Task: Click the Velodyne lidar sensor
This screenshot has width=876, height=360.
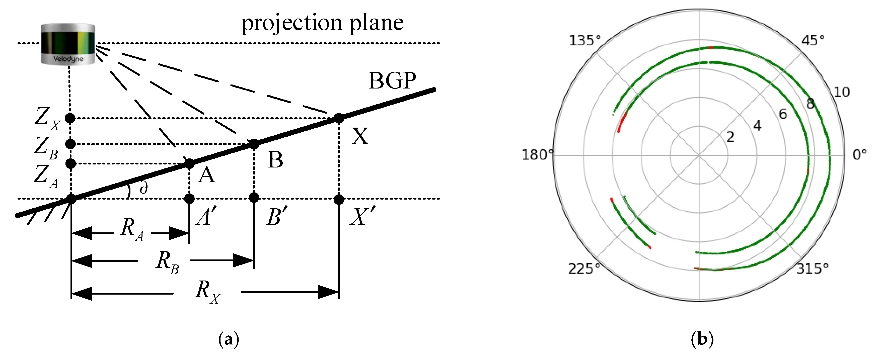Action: tap(68, 44)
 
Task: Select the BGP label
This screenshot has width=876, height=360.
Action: tap(392, 81)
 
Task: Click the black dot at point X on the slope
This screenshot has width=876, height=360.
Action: tap(339, 118)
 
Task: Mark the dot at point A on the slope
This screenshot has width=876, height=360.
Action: tap(189, 163)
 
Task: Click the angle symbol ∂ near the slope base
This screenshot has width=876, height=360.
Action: tap(144, 187)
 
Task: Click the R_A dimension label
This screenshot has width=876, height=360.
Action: tap(132, 229)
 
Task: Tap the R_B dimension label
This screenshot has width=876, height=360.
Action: tap(167, 262)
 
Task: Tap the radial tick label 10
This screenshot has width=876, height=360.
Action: tap(842, 93)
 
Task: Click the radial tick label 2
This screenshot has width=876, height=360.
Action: tap(730, 137)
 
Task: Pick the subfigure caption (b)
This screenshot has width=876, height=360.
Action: tap(702, 339)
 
